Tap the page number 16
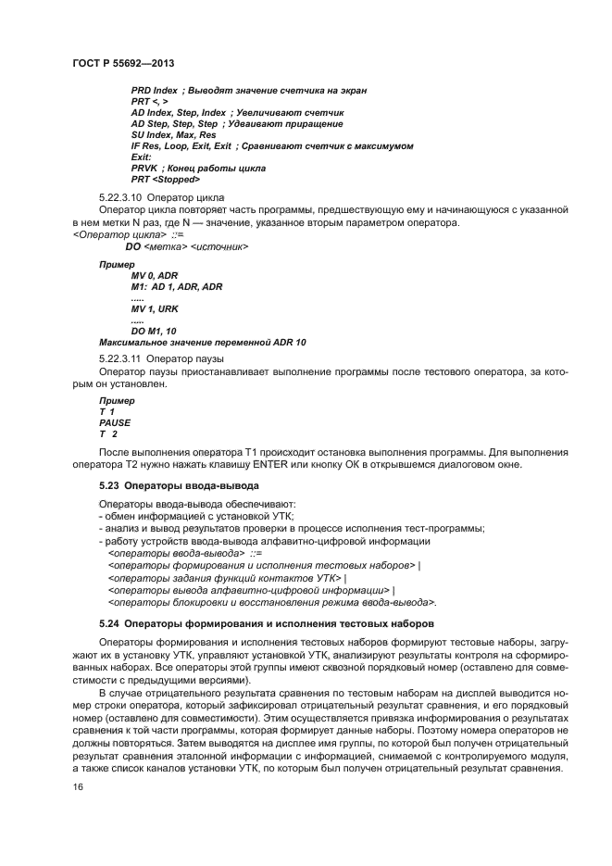[x=77, y=787]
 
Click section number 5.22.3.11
[x=119, y=358]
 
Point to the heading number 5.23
[x=109, y=485]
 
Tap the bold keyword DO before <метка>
[x=132, y=247]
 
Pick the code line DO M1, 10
[x=154, y=331]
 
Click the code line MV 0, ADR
[x=154, y=275]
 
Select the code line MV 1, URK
[x=154, y=308]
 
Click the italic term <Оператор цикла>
[x=112, y=235]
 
